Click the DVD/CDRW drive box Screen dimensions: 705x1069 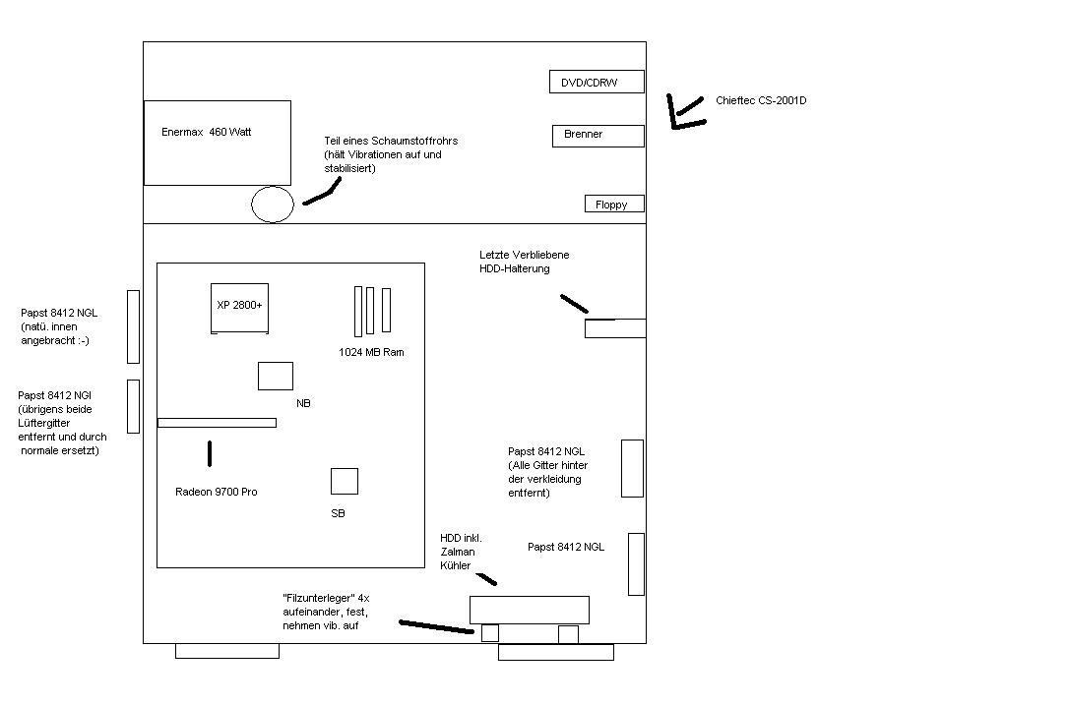(x=597, y=82)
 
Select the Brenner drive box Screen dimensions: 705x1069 (x=597, y=136)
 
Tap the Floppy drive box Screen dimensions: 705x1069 (x=615, y=205)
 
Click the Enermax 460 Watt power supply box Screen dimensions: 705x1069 (x=218, y=143)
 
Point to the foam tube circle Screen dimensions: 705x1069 (x=273, y=205)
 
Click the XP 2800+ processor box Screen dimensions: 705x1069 (x=239, y=308)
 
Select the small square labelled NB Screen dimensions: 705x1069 (x=276, y=376)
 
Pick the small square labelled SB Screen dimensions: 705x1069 (x=345, y=481)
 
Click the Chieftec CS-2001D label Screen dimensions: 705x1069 (x=761, y=100)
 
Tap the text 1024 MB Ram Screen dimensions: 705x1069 (x=371, y=352)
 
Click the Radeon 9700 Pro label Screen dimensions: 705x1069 (x=216, y=492)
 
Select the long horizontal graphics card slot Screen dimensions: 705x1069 (x=218, y=423)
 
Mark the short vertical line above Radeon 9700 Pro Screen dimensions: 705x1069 (x=210, y=453)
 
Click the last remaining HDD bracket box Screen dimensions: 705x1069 (x=615, y=328)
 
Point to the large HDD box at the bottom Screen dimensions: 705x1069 (x=530, y=610)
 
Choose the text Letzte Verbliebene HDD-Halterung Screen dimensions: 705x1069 (x=524, y=262)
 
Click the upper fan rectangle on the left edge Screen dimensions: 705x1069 (x=133, y=326)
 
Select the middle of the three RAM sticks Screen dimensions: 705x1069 (x=370, y=311)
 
